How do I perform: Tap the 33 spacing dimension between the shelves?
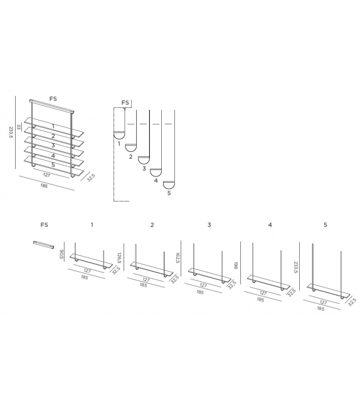point(19,127)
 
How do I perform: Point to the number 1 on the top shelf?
point(53,126)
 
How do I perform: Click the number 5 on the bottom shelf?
point(53,165)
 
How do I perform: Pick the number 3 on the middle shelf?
point(53,146)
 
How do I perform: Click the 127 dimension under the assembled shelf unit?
point(46,176)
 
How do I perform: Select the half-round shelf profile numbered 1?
point(118,134)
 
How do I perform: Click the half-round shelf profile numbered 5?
point(169,185)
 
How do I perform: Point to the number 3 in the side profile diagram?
point(144,169)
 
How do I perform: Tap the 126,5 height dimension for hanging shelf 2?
point(119,258)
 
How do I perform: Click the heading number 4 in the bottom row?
point(270,224)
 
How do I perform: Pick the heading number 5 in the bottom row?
point(325,224)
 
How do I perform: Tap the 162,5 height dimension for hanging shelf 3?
point(177,259)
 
